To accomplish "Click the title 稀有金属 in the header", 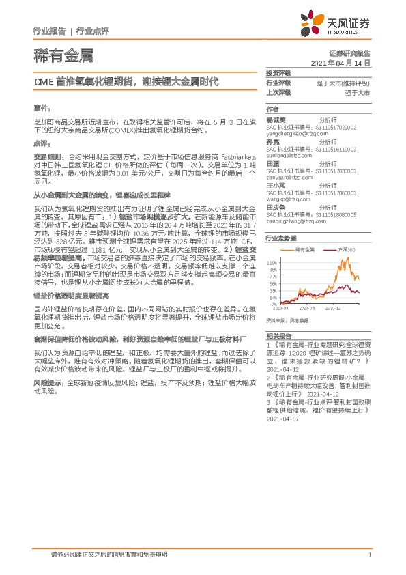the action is [x=63, y=54].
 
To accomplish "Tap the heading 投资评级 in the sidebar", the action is [x=278, y=72].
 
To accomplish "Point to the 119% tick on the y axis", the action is [x=272, y=263].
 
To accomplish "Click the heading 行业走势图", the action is [x=281, y=238].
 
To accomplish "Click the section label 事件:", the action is [x=42, y=109].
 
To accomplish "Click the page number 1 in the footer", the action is [x=368, y=555].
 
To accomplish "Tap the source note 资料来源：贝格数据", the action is [x=287, y=320].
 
